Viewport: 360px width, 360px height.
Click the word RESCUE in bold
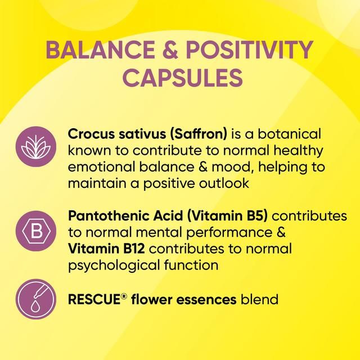pos(93,300)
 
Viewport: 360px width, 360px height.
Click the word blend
pos(259,300)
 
